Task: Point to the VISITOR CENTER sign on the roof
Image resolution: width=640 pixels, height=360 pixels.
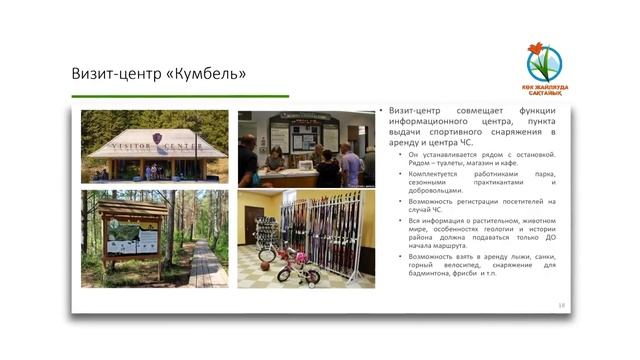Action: pos(155,146)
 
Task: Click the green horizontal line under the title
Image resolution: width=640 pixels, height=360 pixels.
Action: pos(180,96)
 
